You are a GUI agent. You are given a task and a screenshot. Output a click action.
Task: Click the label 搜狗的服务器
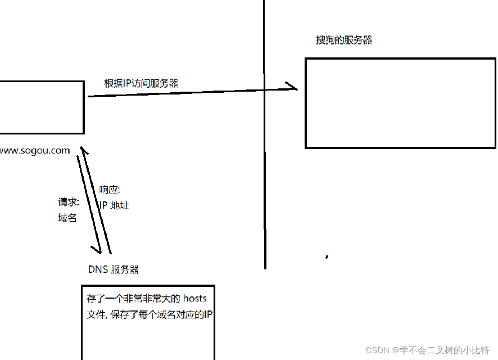(344, 40)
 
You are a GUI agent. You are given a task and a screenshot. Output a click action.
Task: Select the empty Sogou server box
(400, 103)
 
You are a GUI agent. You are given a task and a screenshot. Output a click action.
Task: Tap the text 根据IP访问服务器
(141, 83)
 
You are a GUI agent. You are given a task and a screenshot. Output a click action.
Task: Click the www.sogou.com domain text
(35, 151)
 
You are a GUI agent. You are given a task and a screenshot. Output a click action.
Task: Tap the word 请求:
(69, 202)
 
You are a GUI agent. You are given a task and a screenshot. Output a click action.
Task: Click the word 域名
(67, 218)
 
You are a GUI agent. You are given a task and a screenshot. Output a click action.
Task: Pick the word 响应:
(110, 190)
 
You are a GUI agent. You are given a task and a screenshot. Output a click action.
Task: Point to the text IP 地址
(114, 205)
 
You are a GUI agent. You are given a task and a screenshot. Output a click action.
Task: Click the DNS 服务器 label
(114, 269)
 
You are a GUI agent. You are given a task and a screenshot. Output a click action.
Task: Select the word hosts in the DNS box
(195, 298)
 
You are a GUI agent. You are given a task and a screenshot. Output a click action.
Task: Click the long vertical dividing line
(264, 169)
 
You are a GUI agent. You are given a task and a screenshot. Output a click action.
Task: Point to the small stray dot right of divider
(327, 257)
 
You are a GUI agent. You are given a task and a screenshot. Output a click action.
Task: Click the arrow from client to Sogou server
(191, 92)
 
